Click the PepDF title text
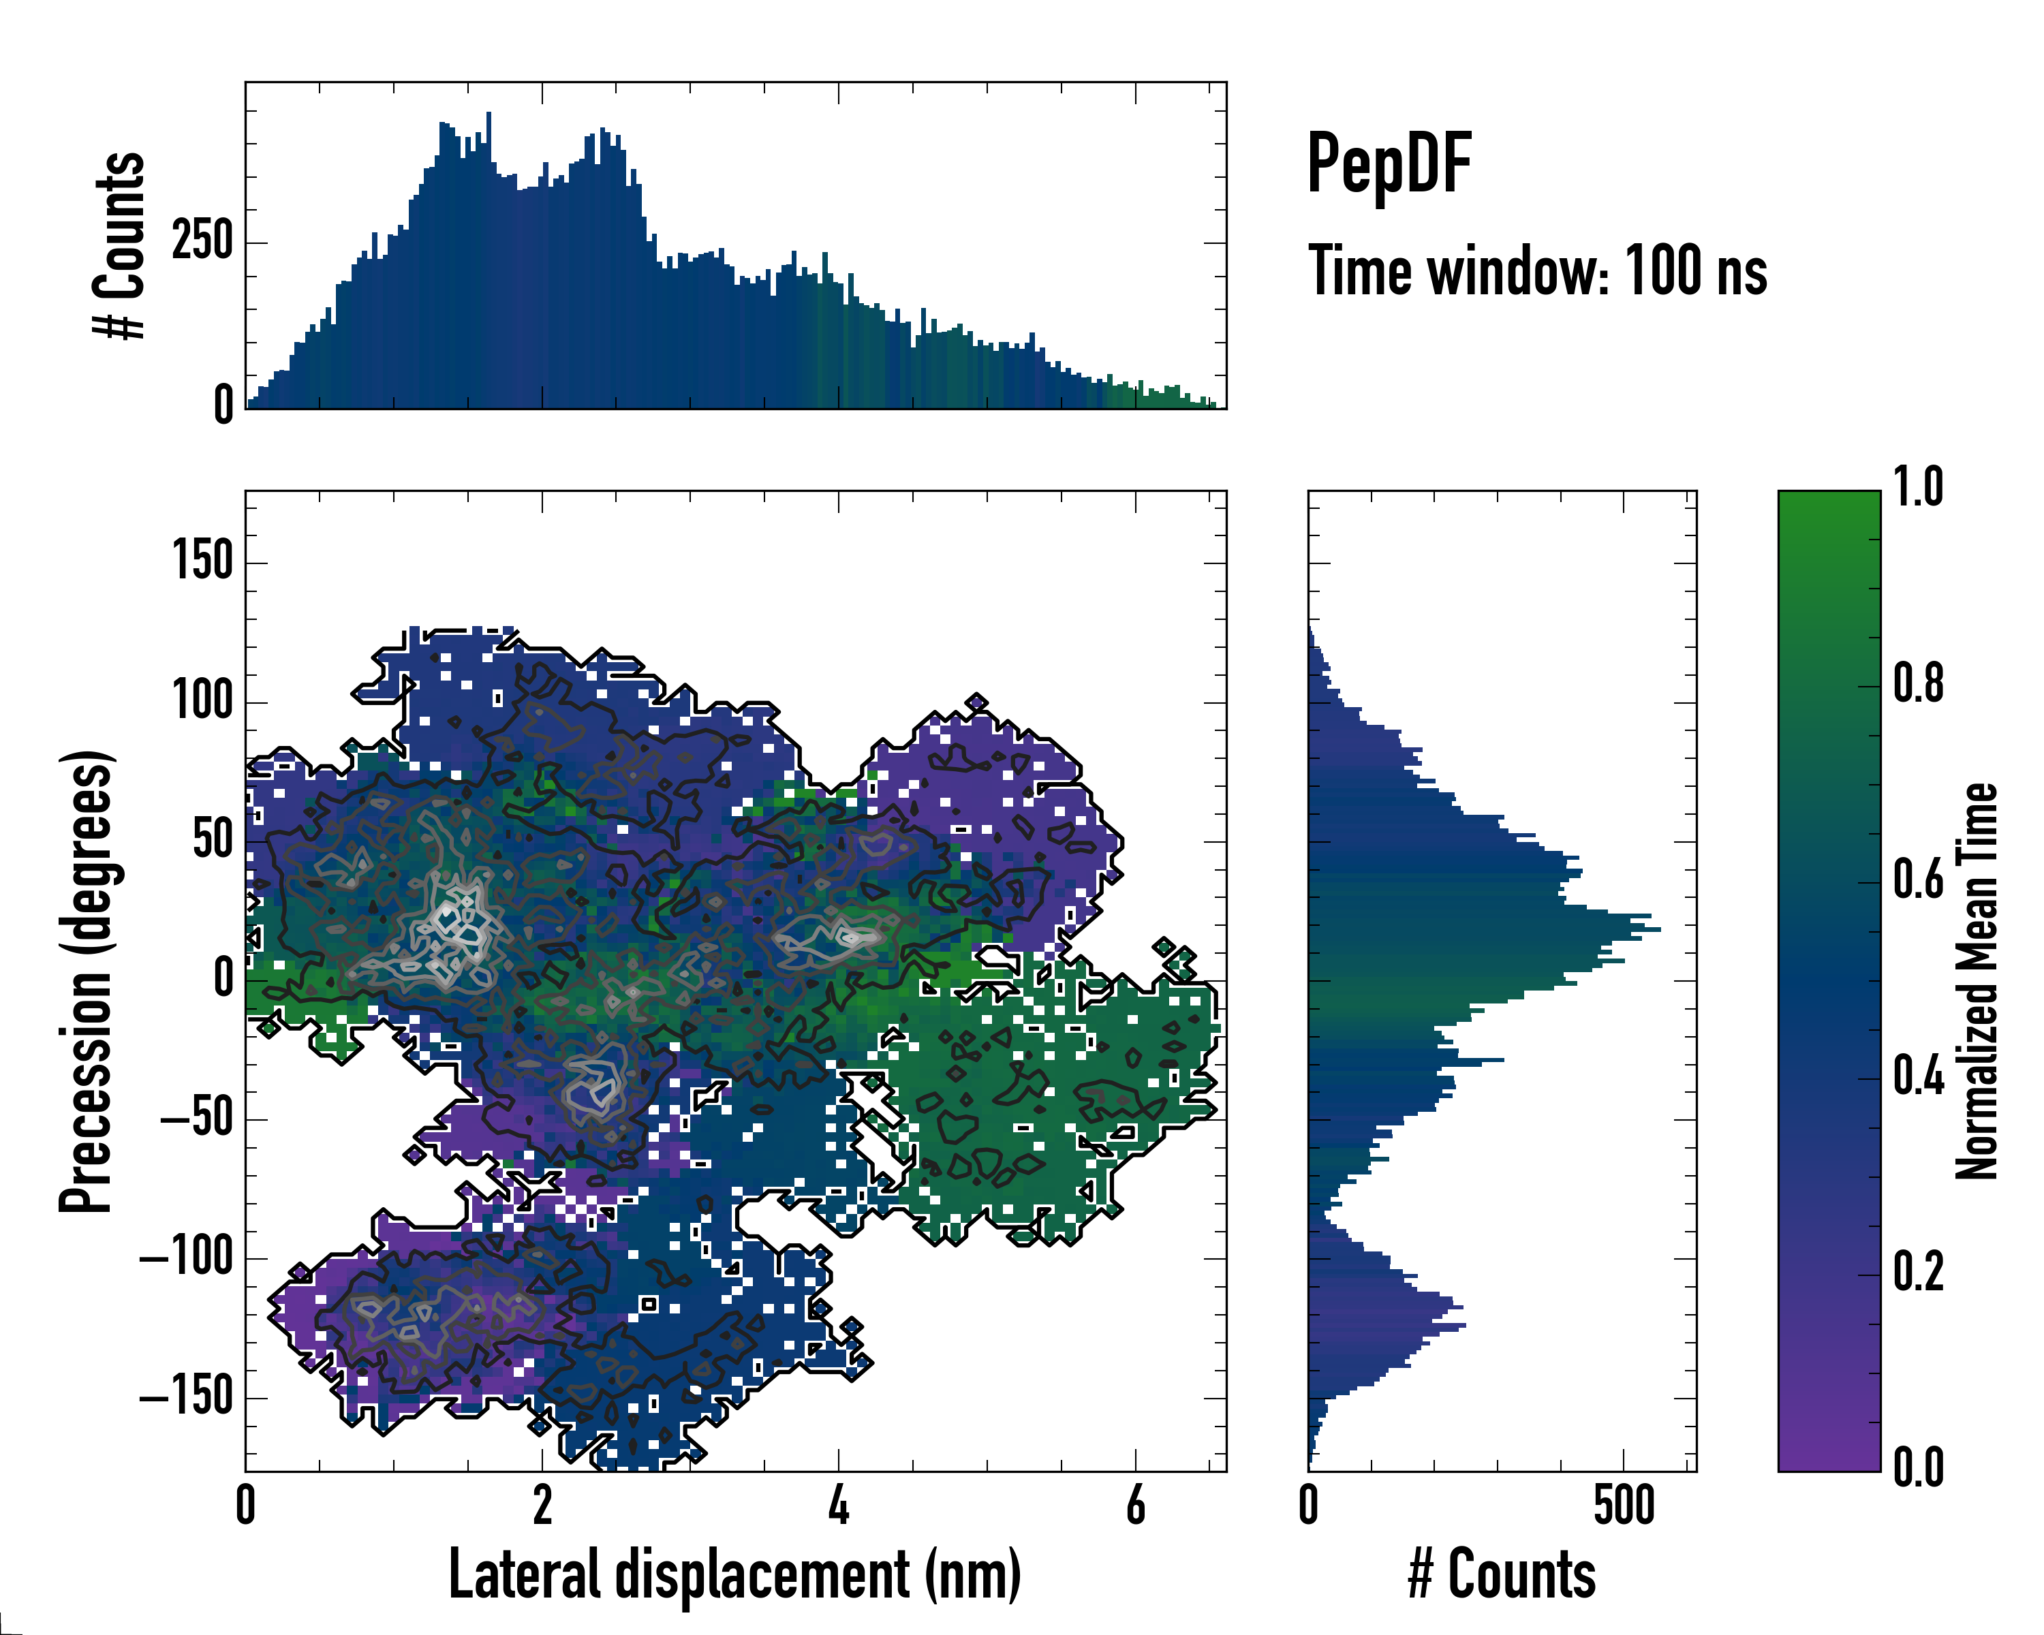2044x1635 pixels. [1389, 164]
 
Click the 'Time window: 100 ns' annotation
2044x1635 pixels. [1537, 271]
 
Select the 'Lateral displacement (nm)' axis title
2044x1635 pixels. [734, 1574]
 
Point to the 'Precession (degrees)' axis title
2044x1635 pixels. [87, 981]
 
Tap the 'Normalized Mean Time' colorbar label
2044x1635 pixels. [1977, 981]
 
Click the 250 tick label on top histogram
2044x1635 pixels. [202, 242]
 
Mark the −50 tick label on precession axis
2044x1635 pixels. [196, 1119]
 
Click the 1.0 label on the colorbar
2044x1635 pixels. [1918, 487]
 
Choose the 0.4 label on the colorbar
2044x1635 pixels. [1918, 1078]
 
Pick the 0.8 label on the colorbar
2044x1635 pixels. [1918, 685]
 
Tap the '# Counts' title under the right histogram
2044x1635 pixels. [1502, 1574]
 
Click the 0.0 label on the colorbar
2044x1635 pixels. [1918, 1468]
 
